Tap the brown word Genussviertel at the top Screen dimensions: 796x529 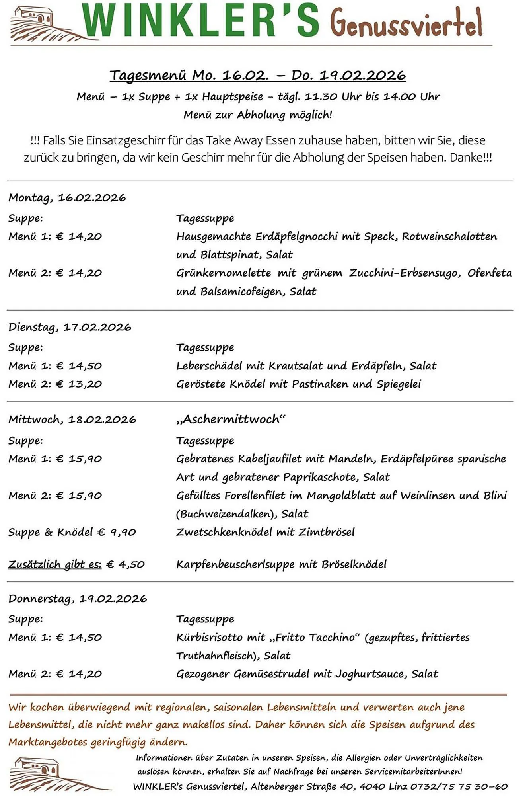(406, 23)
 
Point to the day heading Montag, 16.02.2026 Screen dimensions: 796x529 (67, 198)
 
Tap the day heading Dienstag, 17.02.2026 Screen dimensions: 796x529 (70, 327)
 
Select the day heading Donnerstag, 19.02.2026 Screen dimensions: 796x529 (78, 599)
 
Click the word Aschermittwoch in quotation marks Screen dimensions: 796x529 (231, 419)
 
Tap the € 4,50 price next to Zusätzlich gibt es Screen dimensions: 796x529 (126, 564)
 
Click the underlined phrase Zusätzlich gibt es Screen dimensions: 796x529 (55, 564)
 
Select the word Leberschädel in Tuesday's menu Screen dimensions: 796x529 (209, 366)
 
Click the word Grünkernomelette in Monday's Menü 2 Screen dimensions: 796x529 (224, 273)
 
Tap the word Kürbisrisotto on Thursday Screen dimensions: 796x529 (209, 638)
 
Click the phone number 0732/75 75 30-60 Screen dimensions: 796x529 (459, 787)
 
